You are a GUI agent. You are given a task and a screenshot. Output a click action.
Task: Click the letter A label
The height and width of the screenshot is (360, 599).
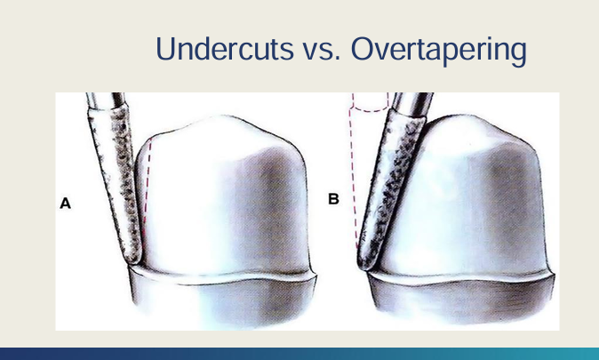tap(65, 204)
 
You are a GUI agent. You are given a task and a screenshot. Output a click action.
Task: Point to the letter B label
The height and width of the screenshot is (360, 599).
tap(333, 199)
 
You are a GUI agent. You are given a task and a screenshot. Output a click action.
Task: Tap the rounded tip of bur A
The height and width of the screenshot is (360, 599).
tap(134, 259)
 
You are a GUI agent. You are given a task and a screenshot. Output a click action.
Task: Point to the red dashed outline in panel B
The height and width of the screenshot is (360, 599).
tap(355, 178)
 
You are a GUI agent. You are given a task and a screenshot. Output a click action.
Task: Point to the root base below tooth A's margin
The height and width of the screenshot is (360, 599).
tap(222, 302)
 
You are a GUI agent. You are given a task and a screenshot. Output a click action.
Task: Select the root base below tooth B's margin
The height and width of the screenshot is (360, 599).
tap(462, 302)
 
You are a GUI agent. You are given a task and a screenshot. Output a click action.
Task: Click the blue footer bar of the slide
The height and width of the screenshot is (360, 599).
tap(299, 353)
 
